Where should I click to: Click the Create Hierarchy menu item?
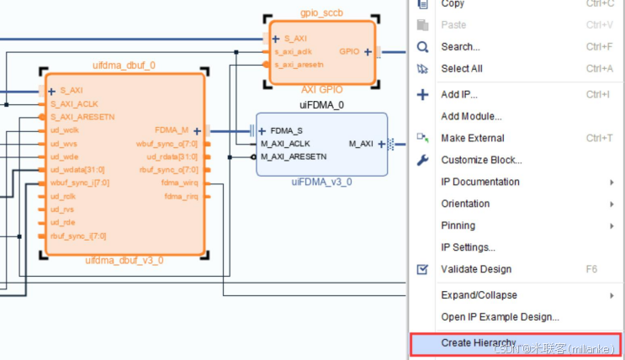click(x=478, y=343)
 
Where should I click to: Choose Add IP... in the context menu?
click(x=459, y=94)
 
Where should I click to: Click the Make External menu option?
click(x=473, y=138)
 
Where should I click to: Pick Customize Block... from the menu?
click(x=481, y=160)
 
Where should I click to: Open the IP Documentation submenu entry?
click(x=480, y=182)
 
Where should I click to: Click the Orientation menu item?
click(x=465, y=204)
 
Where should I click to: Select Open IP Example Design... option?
click(x=500, y=317)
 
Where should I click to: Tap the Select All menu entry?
click(x=462, y=69)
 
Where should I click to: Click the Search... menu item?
click(x=460, y=47)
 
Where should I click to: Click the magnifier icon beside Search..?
click(x=423, y=47)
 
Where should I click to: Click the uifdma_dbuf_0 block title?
click(x=124, y=65)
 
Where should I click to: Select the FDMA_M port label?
click(x=172, y=130)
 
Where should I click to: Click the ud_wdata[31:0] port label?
click(x=79, y=169)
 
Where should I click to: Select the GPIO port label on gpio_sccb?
click(x=349, y=51)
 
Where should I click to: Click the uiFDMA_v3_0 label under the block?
click(x=321, y=182)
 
